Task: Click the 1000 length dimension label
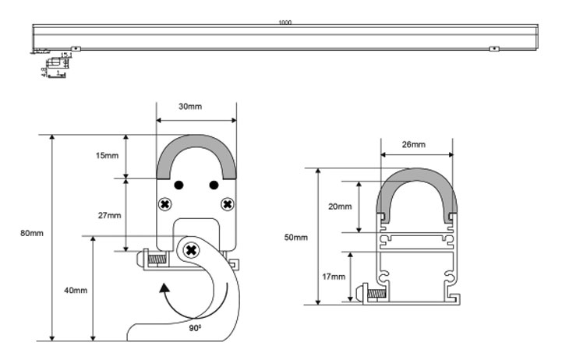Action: click(x=285, y=23)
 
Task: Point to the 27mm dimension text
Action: click(x=109, y=215)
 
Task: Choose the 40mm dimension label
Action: click(x=76, y=290)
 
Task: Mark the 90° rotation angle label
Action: click(x=195, y=328)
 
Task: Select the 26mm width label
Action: click(x=414, y=145)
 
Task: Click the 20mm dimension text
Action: click(x=340, y=206)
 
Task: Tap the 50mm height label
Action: click(x=296, y=236)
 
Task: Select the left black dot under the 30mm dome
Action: click(x=178, y=185)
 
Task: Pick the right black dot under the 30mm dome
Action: click(x=213, y=185)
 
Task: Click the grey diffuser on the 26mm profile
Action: click(x=415, y=178)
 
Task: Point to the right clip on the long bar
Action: click(x=493, y=49)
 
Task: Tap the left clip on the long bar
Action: click(x=76, y=49)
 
